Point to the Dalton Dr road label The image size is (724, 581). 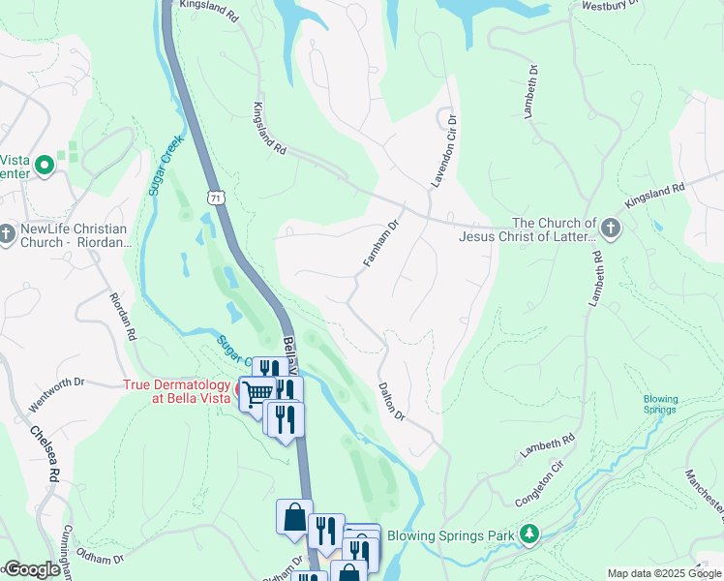tap(391, 398)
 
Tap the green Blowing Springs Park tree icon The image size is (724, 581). tap(529, 534)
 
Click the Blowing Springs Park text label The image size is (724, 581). tap(452, 535)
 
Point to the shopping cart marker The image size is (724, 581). tap(257, 393)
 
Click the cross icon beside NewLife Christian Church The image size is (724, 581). tap(8, 233)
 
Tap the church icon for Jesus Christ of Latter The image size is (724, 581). tap(610, 229)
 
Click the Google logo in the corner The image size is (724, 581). tap(31, 569)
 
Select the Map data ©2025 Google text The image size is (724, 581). tap(664, 573)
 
